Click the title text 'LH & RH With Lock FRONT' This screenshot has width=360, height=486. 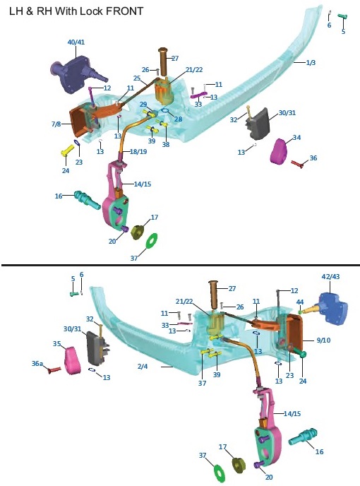pos(76,11)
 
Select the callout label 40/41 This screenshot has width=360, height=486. pos(76,42)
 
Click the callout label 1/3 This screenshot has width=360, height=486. pos(311,63)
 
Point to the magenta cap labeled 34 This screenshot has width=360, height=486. pos(280,151)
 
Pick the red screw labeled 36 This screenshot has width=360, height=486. pos(299,163)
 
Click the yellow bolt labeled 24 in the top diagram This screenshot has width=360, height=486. pos(66,150)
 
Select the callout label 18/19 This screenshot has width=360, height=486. pos(138,152)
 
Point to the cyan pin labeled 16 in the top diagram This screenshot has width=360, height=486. pos(88,200)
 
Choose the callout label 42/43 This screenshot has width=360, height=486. pos(330,276)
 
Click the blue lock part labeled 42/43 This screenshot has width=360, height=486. pos(332,309)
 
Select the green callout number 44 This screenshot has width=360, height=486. pos(299,302)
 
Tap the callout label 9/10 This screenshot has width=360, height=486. pos(323,340)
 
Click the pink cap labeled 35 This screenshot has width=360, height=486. pos(73,361)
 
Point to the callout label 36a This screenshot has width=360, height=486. pos(37,364)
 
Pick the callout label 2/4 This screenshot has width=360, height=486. pos(143,367)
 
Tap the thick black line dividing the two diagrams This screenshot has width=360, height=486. pos(181,266)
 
